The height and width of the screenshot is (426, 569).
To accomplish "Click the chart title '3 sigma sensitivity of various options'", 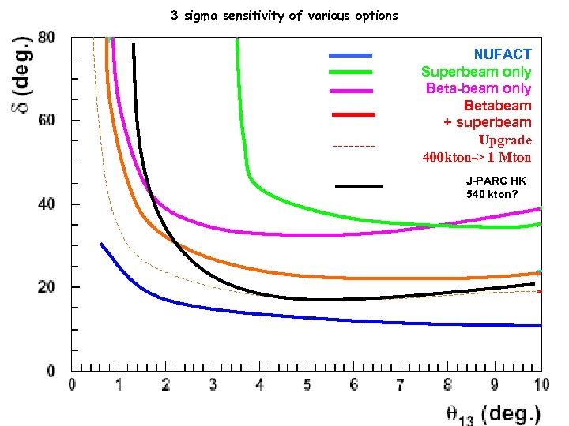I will pyautogui.click(x=284, y=15).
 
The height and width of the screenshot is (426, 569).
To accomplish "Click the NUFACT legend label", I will pyautogui.click(x=503, y=54).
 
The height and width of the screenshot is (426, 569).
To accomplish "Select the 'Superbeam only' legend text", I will pyautogui.click(x=476, y=72).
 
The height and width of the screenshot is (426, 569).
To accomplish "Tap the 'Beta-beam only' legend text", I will pyautogui.click(x=478, y=88).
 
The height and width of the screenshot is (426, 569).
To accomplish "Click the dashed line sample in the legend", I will pyautogui.click(x=353, y=147).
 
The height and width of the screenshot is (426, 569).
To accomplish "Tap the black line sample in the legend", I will pyautogui.click(x=359, y=186).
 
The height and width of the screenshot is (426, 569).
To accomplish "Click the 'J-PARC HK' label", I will pyautogui.click(x=496, y=181).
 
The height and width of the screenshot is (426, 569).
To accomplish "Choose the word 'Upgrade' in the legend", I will pyautogui.click(x=505, y=140).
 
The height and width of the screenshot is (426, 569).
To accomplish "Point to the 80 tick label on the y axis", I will pyautogui.click(x=47, y=38).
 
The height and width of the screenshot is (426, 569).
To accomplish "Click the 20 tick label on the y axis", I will pyautogui.click(x=47, y=287).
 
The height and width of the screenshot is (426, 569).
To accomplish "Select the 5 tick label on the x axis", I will pyautogui.click(x=307, y=384).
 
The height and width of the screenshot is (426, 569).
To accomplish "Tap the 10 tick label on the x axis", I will pyautogui.click(x=541, y=384).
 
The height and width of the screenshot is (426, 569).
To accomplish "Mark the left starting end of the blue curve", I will pyautogui.click(x=101, y=245).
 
